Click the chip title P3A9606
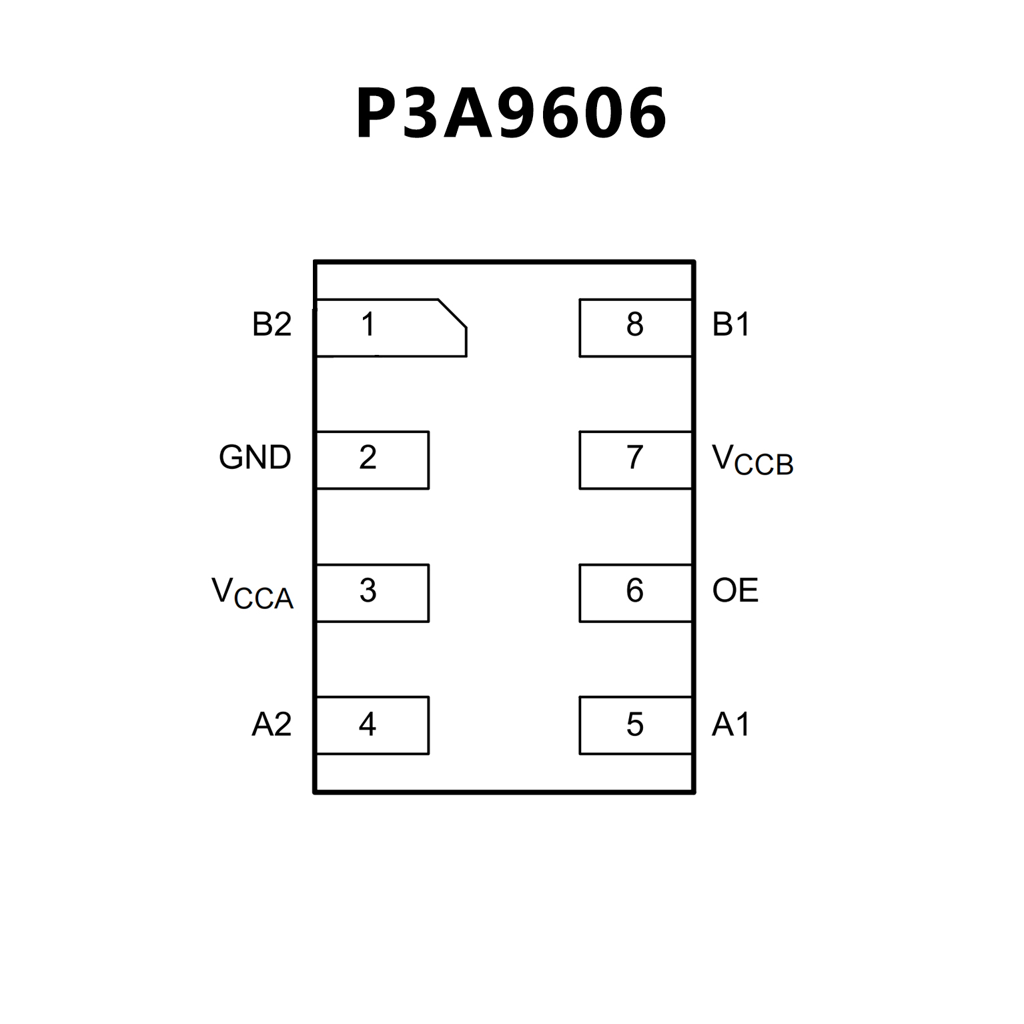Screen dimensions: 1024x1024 click(511, 113)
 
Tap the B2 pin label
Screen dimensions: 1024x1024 click(272, 325)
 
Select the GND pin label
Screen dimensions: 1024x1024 click(255, 458)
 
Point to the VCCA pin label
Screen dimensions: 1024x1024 click(252, 592)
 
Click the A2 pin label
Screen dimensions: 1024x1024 click(272, 724)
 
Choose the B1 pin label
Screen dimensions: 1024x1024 click(731, 325)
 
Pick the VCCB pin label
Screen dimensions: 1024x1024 click(752, 460)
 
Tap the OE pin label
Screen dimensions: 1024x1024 click(735, 590)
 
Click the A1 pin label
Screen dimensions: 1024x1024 click(731, 724)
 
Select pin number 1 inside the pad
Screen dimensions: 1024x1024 click(368, 325)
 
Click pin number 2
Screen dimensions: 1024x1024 click(368, 458)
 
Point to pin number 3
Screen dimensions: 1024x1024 click(368, 590)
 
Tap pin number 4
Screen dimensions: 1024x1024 click(368, 724)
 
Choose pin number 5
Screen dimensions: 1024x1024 click(634, 724)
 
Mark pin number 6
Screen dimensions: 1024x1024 click(634, 590)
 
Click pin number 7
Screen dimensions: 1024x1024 click(634, 458)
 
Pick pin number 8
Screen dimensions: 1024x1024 click(634, 325)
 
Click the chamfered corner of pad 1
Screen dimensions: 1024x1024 click(453, 314)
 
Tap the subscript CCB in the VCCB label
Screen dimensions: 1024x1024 click(764, 465)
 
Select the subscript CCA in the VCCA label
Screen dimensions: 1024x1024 click(264, 598)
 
